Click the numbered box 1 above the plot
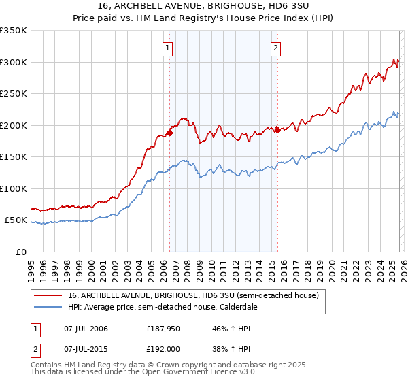168,48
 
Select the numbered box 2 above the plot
276,48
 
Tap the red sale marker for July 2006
169,133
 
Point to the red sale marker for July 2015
277,130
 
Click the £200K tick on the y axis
14,125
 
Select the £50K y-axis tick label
16,220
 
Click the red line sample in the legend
48,296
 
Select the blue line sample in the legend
48,307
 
